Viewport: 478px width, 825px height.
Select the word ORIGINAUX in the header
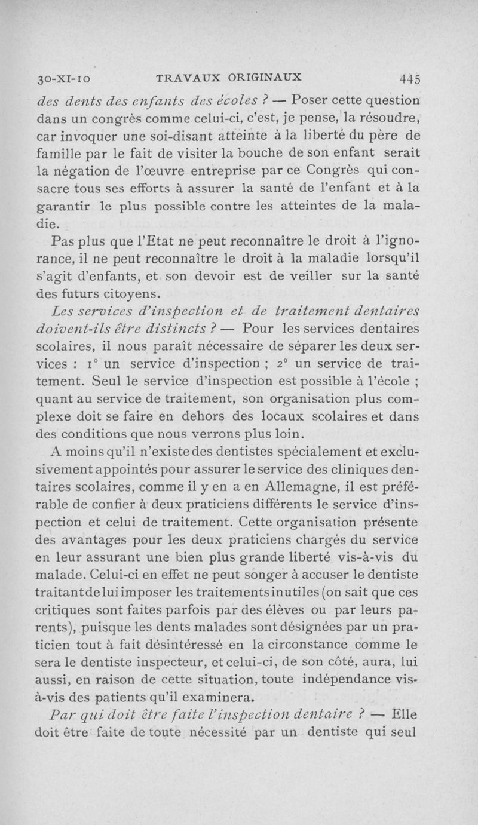click(263, 76)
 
